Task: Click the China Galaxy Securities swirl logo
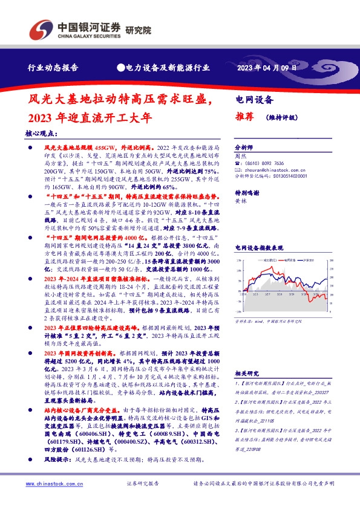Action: [x=42, y=28]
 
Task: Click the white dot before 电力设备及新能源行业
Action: [x=121, y=68]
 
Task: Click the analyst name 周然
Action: [x=240, y=155]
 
